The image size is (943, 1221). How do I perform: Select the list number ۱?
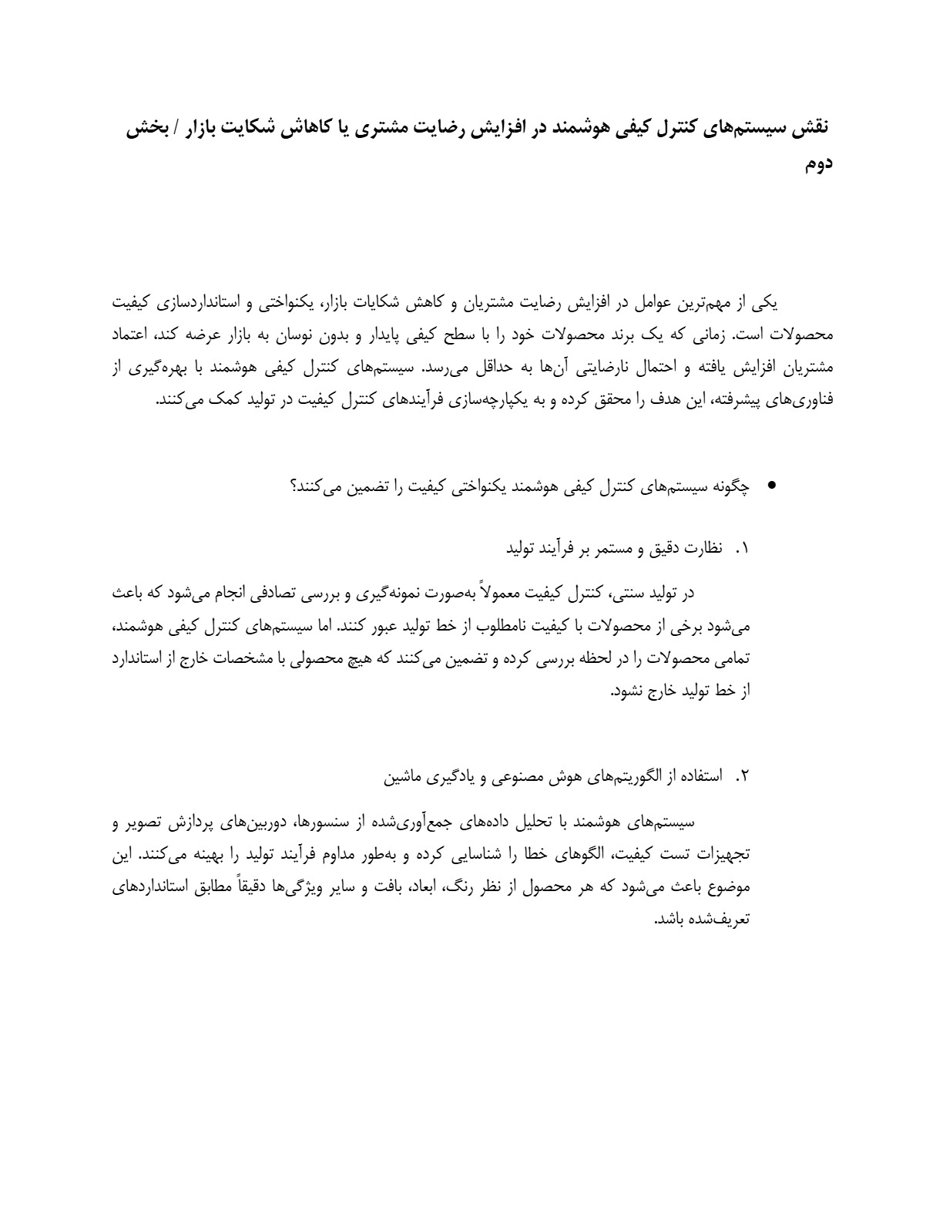pos(742,549)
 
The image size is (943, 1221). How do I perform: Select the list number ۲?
pos(742,776)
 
